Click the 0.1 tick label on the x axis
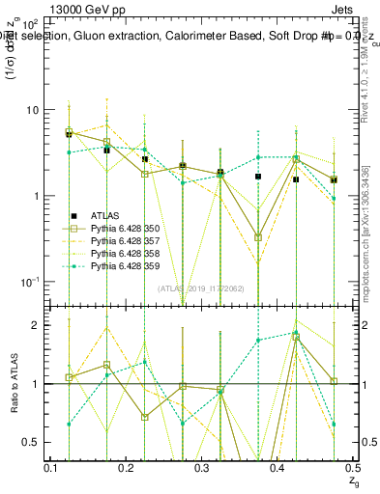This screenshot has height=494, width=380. pos(51,467)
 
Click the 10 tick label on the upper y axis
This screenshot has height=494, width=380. pos(31,110)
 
